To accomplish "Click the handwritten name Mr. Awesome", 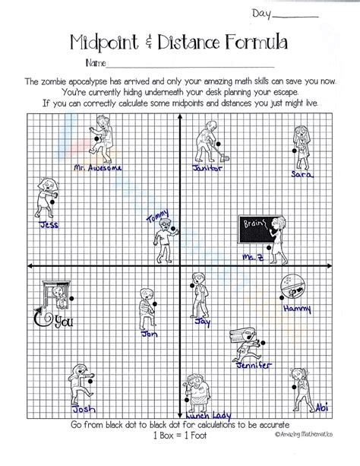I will coord(98,166).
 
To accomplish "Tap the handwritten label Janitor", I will coord(207,168).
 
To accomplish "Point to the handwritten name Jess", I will coord(49,224).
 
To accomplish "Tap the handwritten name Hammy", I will coord(296,308).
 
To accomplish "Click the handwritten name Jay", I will coord(202,322).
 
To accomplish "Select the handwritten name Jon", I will coord(149,332).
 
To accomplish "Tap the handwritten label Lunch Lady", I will coord(205,414).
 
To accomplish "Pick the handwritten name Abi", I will coord(321,404).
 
